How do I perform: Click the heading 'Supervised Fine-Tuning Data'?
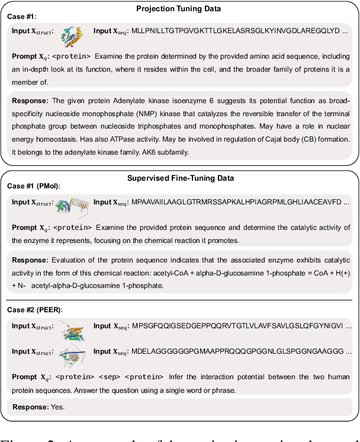pos(180,177)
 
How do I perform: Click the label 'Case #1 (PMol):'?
pos(34,186)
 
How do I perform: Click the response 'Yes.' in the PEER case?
pos(57,407)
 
